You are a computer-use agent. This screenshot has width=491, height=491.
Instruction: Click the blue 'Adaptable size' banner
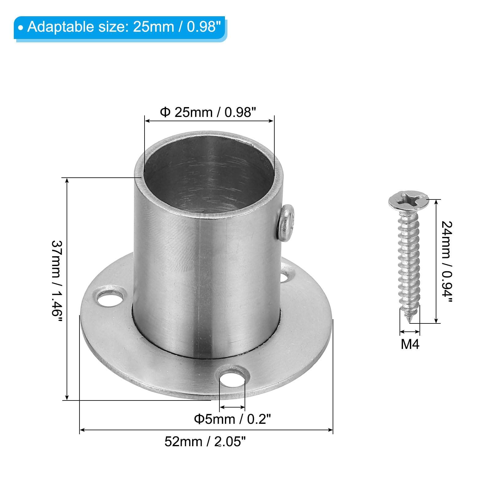point(120,28)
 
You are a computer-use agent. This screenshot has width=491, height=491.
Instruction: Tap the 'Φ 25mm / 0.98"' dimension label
point(208,112)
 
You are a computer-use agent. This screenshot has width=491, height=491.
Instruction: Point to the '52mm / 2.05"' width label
point(205,442)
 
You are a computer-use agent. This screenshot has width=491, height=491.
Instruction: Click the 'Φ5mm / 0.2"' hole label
point(233,419)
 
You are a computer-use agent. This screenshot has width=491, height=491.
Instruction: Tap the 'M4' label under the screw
point(410,344)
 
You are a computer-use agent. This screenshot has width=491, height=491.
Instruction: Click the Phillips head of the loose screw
point(408,200)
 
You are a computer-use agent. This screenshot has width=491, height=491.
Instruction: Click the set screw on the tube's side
point(286,223)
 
